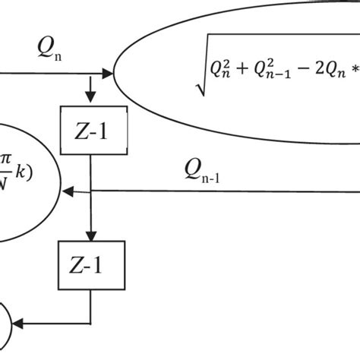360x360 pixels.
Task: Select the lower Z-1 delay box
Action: [91, 264]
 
